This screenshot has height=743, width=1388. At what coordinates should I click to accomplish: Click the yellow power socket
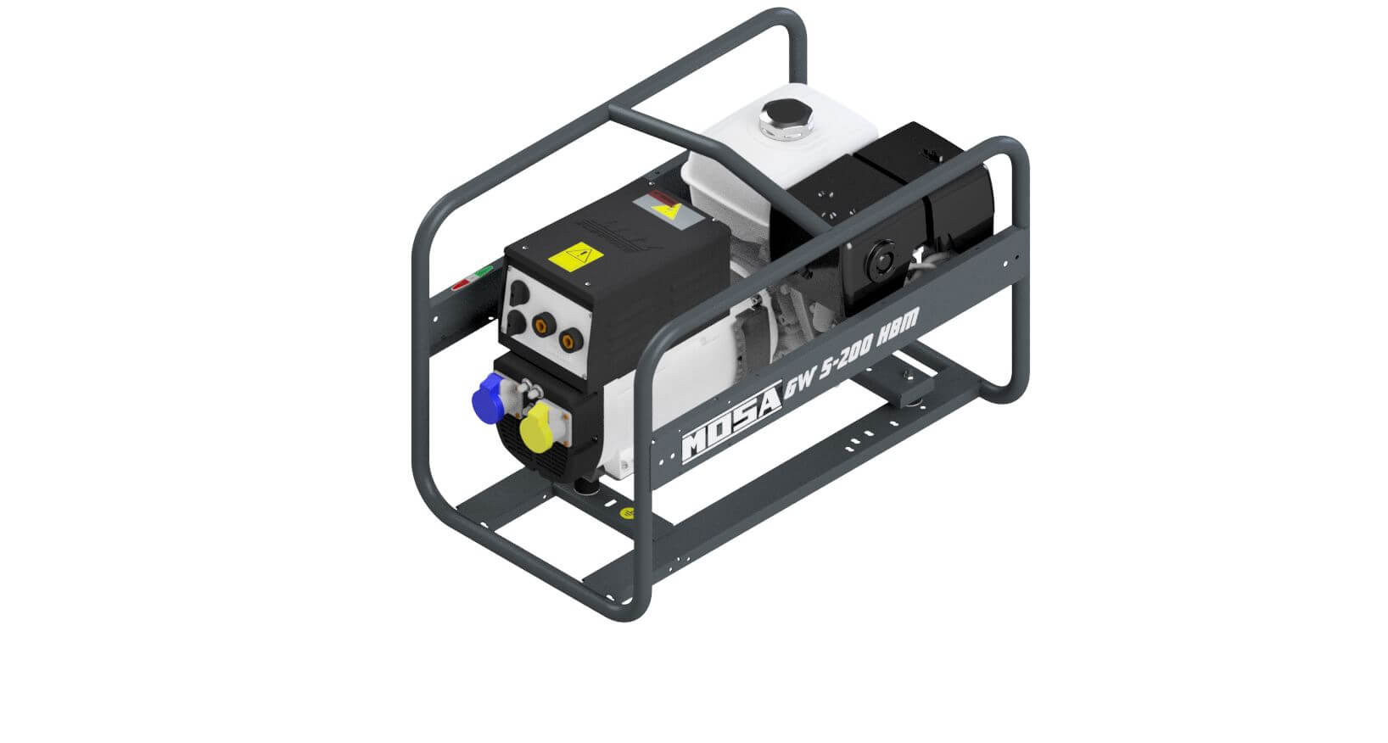click(x=538, y=424)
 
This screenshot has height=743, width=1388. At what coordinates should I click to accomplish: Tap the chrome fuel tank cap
click(x=787, y=120)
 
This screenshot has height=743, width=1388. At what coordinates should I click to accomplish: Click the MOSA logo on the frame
click(x=731, y=422)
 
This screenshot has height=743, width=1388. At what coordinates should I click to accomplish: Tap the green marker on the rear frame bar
click(x=484, y=271)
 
